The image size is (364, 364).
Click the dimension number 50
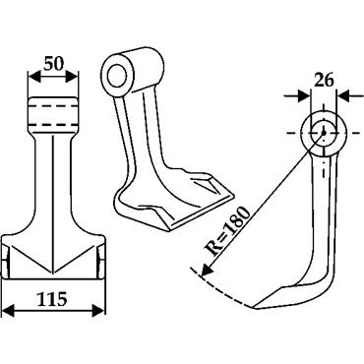(x=53, y=64)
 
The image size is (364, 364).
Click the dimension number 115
(x=53, y=299)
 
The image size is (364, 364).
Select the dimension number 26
(x=324, y=80)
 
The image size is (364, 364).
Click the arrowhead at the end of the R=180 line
(x=206, y=270)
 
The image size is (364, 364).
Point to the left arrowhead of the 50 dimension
(x=35, y=78)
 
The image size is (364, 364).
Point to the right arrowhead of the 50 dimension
(x=72, y=78)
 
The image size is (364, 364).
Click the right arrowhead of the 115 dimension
(x=97, y=311)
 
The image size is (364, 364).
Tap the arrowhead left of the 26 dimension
(x=303, y=96)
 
